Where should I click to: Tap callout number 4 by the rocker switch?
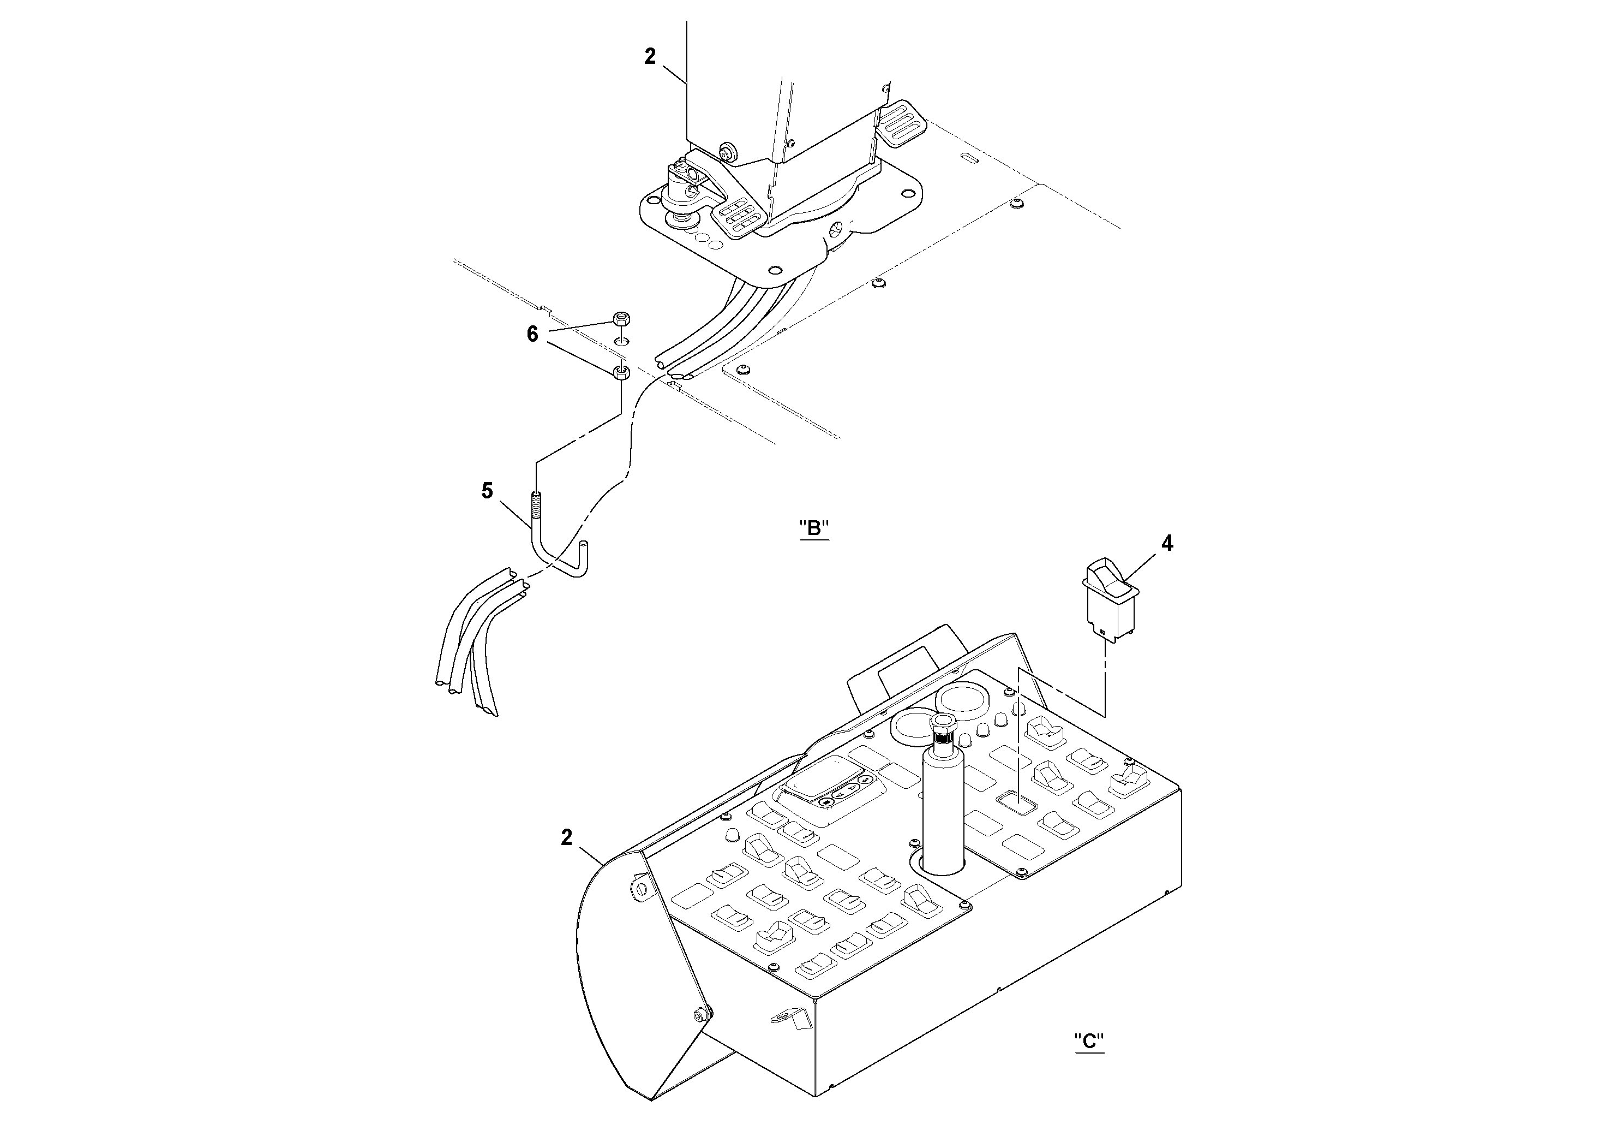[1167, 544]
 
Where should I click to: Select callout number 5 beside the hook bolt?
[487, 491]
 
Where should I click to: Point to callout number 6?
[532, 334]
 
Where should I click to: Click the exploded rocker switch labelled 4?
[1109, 599]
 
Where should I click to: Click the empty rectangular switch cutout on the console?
[1016, 802]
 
